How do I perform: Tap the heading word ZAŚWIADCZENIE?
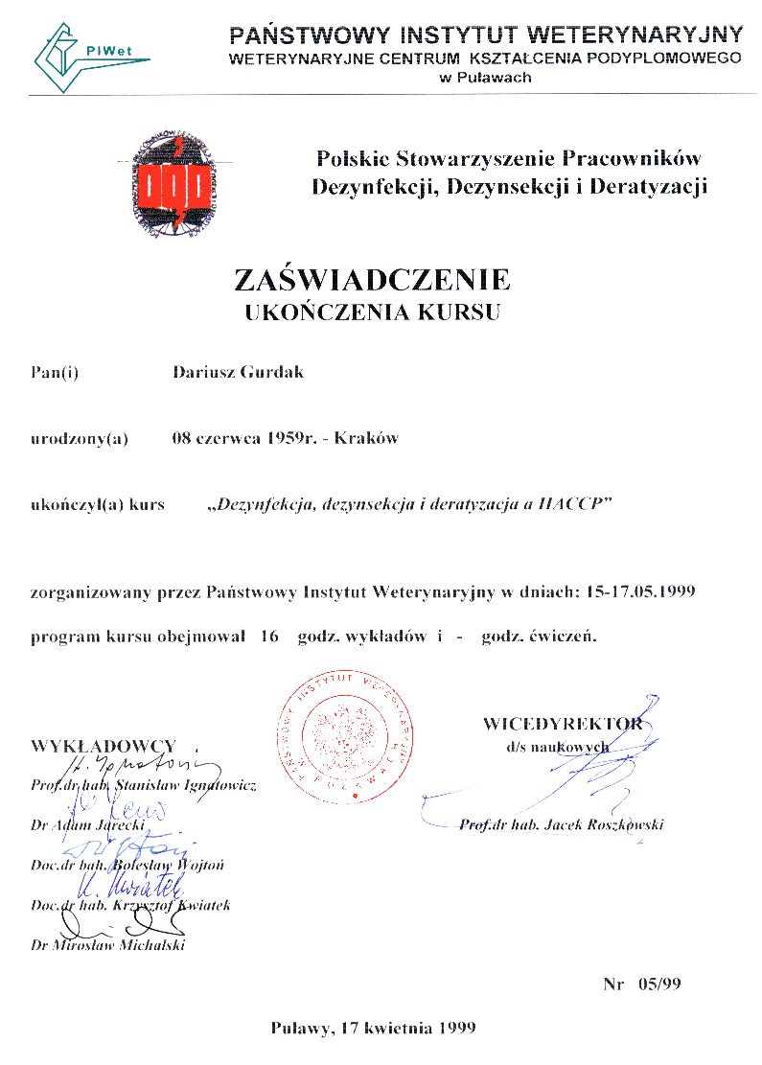click(x=372, y=280)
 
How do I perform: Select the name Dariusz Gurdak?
click(x=238, y=372)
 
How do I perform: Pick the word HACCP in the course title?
click(x=575, y=505)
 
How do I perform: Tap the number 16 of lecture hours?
click(x=267, y=637)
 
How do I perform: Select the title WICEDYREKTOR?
click(x=562, y=723)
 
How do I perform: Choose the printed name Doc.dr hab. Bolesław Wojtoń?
click(x=127, y=865)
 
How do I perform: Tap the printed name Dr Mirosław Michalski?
click(x=107, y=944)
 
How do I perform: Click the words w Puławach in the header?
click(x=485, y=78)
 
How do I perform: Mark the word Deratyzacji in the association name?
click(x=648, y=186)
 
